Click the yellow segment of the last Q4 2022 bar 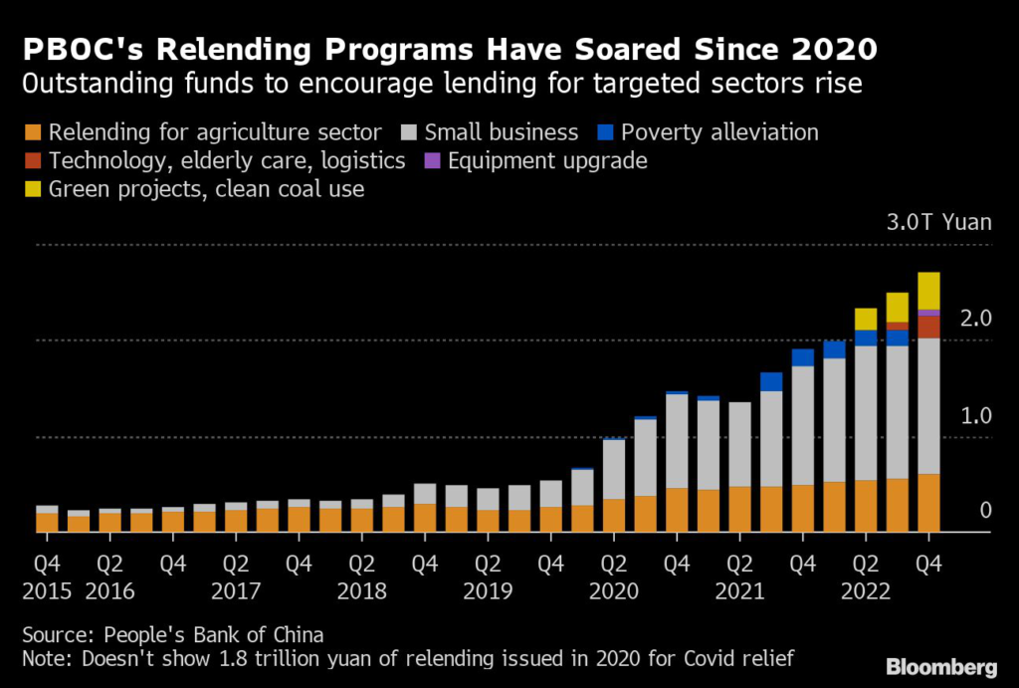(928, 291)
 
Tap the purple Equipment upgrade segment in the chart (928, 313)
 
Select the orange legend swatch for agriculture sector (34, 132)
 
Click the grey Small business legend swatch (410, 132)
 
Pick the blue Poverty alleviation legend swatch (605, 132)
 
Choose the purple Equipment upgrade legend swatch (433, 160)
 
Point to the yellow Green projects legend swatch (34, 188)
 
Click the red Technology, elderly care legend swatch (34, 160)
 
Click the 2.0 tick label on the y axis (976, 319)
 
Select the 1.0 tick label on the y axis (976, 415)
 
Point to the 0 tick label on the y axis (985, 511)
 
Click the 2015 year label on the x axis (46, 590)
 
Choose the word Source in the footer (56, 634)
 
